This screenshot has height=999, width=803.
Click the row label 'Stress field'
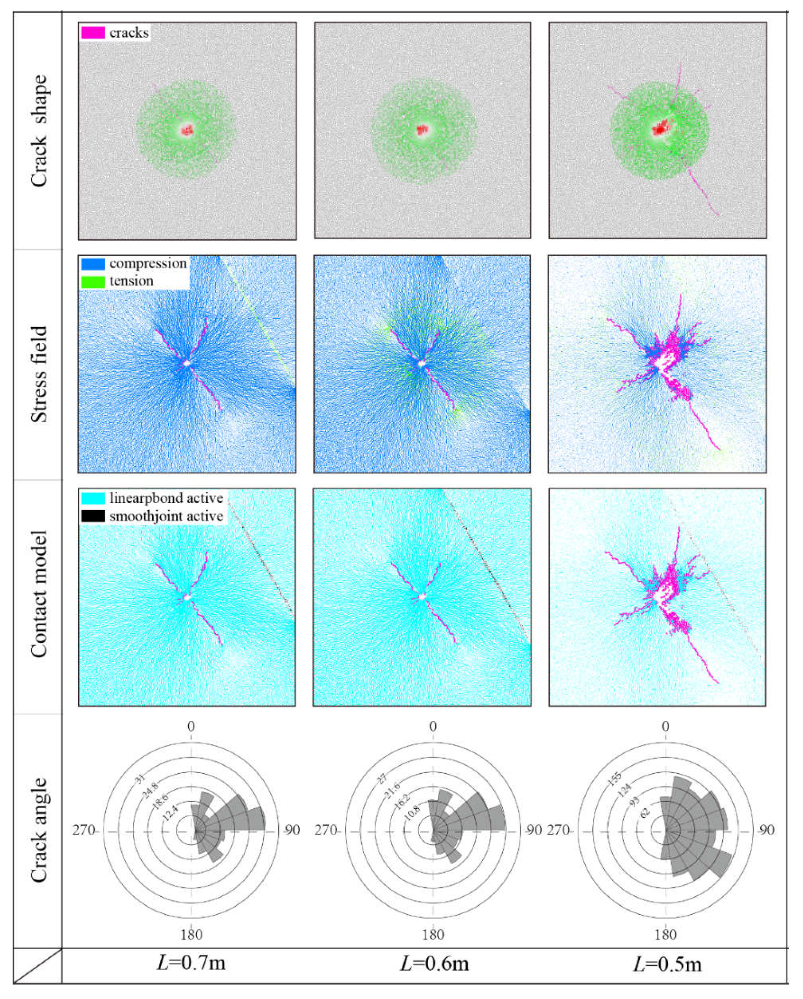[39, 374]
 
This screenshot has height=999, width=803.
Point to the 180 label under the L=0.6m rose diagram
[433, 934]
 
